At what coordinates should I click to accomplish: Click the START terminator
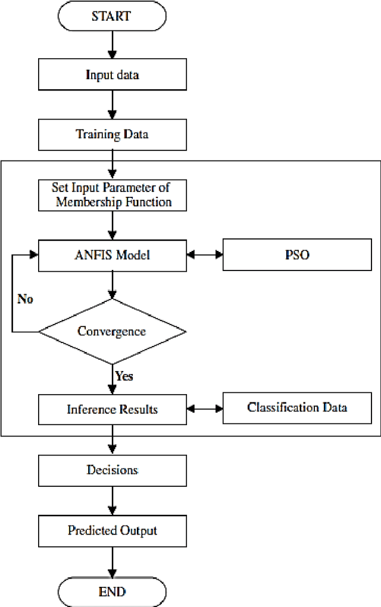pos(112,16)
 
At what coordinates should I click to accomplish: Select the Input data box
pos(112,76)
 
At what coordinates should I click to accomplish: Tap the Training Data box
pos(112,134)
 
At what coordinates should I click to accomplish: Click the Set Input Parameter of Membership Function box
pos(112,194)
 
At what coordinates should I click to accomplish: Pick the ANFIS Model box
pos(112,256)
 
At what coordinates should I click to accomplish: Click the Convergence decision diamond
pos(112,331)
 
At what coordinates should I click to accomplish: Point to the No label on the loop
pos(26,298)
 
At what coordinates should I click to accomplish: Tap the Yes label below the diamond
pos(124,376)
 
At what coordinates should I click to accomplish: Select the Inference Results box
pos(112,409)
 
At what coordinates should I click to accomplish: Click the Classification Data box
pos(297,407)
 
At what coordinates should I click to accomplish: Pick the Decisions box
pos(112,470)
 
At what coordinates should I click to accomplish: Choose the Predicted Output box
pos(112,530)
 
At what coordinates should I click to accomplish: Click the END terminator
pos(112,592)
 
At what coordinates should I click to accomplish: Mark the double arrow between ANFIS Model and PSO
pos(204,256)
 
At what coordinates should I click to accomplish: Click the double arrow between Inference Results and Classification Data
pos(204,409)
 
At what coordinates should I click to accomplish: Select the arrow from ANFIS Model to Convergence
pos(112,284)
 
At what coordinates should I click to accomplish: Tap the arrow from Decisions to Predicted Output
pos(112,500)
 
